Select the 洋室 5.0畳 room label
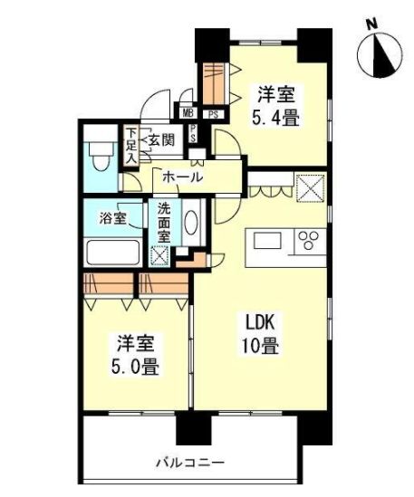point(135,356)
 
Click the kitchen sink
point(269,241)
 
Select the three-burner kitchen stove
point(310,241)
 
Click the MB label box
point(188,114)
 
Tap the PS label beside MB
point(213,114)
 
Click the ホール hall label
point(182,178)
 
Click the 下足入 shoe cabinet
point(131,146)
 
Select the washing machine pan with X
point(160,255)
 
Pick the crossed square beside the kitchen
point(312,188)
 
